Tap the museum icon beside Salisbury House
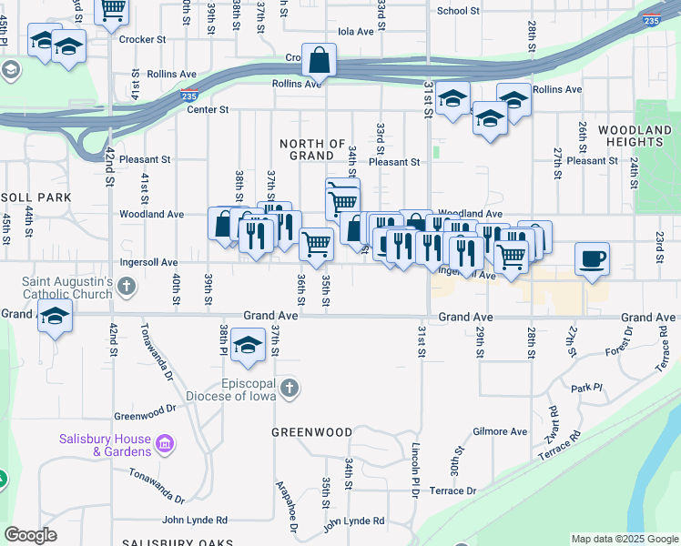(164, 444)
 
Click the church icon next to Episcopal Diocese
(289, 389)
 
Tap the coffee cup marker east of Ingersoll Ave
(592, 259)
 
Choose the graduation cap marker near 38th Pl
(246, 345)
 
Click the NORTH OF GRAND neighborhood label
(312, 150)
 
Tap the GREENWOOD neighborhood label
(311, 432)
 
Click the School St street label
(458, 11)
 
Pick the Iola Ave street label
(356, 31)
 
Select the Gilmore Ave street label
(500, 431)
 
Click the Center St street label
(207, 109)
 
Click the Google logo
(30, 535)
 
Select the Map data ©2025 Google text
(624, 539)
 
